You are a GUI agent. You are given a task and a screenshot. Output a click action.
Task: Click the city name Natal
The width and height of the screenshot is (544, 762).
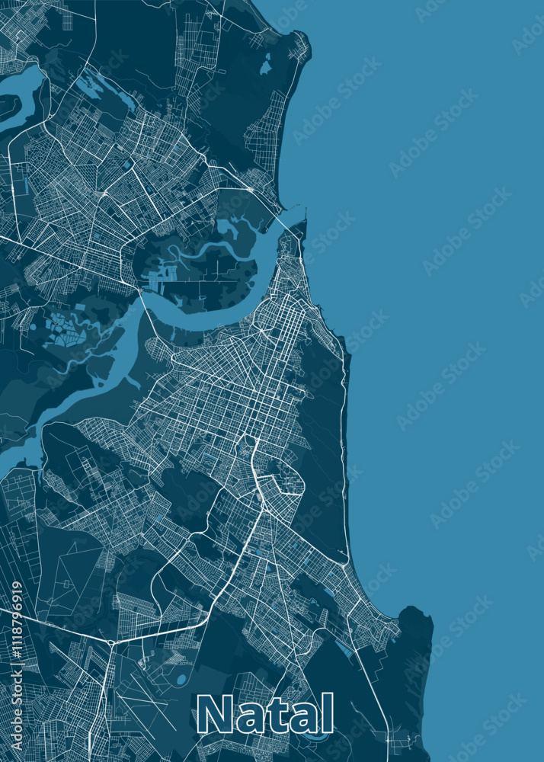[x=265, y=715]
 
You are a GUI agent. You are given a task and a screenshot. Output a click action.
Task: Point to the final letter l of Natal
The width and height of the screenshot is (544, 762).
[x=328, y=713]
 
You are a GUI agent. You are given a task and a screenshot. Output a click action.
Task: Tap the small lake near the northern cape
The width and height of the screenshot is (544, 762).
[x=265, y=67]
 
